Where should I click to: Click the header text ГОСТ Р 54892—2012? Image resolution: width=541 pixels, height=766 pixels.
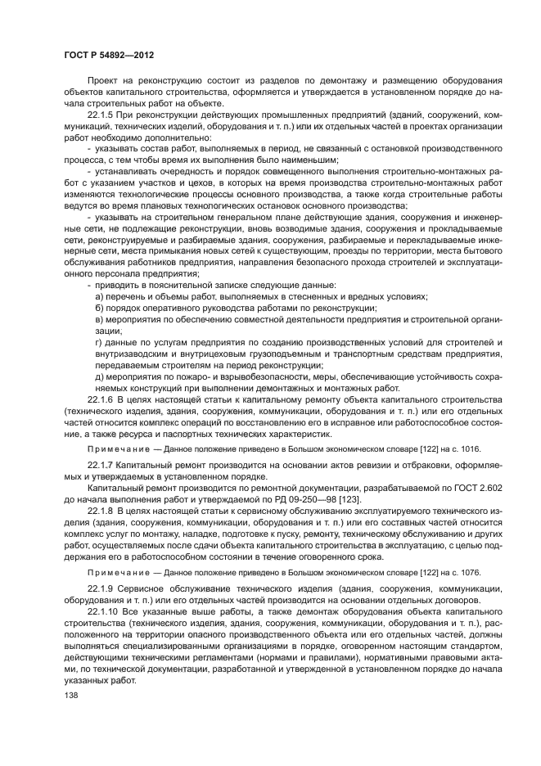[109, 54]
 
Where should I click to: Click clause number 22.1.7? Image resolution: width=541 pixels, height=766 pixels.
[103, 464]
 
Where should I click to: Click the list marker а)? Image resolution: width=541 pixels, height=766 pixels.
[100, 296]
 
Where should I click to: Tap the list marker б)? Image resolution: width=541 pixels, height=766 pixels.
[100, 308]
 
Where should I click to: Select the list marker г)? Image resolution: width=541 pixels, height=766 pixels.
[99, 342]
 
